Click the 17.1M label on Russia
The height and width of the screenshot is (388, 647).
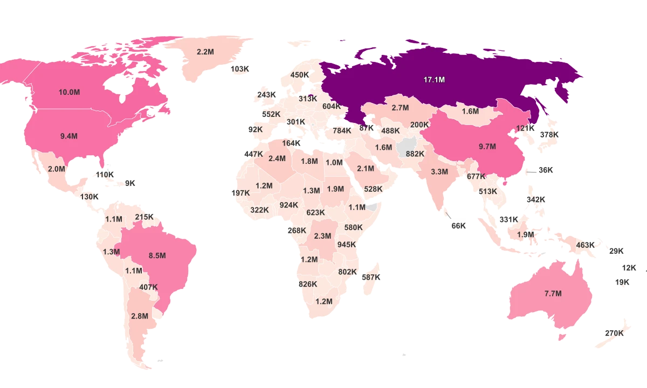point(434,80)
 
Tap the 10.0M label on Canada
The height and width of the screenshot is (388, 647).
point(69,92)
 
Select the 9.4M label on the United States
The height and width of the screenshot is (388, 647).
point(69,136)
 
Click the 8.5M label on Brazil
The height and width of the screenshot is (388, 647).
point(157,255)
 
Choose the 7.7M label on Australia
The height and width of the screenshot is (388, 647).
point(553,294)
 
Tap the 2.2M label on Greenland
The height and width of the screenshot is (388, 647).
point(205,52)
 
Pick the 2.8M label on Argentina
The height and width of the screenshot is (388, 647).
point(139,316)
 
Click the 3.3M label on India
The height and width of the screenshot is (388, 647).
point(439,172)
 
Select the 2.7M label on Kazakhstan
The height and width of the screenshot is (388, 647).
point(400,108)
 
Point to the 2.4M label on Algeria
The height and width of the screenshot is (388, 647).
point(277,158)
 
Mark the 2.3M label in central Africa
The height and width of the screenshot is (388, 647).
point(322,236)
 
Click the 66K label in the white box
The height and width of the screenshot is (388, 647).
point(458,226)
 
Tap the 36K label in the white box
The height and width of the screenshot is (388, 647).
point(546,170)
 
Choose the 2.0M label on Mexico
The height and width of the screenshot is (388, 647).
point(56,169)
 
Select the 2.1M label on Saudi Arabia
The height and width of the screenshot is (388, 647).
point(366,169)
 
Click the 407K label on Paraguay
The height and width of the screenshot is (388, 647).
point(148,287)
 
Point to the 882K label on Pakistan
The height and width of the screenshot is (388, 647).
point(415,154)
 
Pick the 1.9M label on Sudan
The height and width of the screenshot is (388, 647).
point(335,189)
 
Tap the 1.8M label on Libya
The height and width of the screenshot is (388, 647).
point(309,161)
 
